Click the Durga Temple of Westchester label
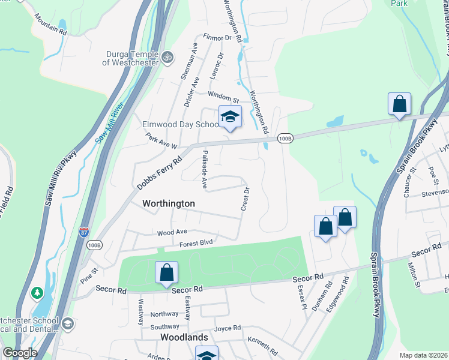[130, 58]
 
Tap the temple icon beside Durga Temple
[168, 58]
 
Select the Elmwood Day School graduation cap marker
[230, 118]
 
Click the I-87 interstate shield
[84, 231]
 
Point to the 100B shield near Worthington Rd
[286, 139]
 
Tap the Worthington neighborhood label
[168, 203]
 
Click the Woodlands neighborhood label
[184, 337]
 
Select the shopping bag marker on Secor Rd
[167, 273]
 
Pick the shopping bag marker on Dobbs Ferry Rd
[399, 105]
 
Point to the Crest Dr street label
[245, 199]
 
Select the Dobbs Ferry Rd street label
[159, 174]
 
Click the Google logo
[20, 353]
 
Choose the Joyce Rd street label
[228, 328]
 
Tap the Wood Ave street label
[172, 232]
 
